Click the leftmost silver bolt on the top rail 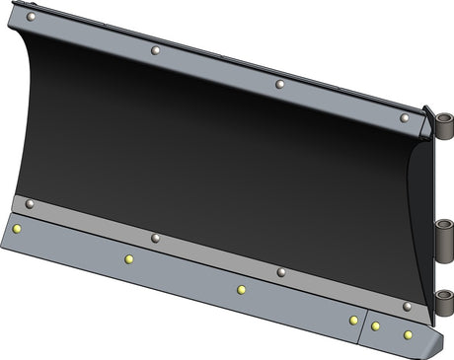pyautogui.click(x=31, y=17)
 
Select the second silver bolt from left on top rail pyautogui.click(x=155, y=50)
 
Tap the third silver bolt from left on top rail pyautogui.click(x=279, y=84)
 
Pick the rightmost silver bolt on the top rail pyautogui.click(x=405, y=117)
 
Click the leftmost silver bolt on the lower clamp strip pyautogui.click(x=30, y=204)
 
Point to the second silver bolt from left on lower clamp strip pyautogui.click(x=155, y=238)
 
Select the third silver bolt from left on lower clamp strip pyautogui.click(x=281, y=272)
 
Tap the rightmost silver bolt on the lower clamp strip pyautogui.click(x=407, y=306)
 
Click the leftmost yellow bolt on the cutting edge pyautogui.click(x=17, y=229)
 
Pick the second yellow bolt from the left pyautogui.click(x=128, y=259)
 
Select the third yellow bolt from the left pyautogui.click(x=241, y=290)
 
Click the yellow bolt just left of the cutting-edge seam pyautogui.click(x=353, y=320)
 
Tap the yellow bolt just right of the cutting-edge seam pyautogui.click(x=376, y=325)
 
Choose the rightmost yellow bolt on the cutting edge pyautogui.click(x=408, y=334)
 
